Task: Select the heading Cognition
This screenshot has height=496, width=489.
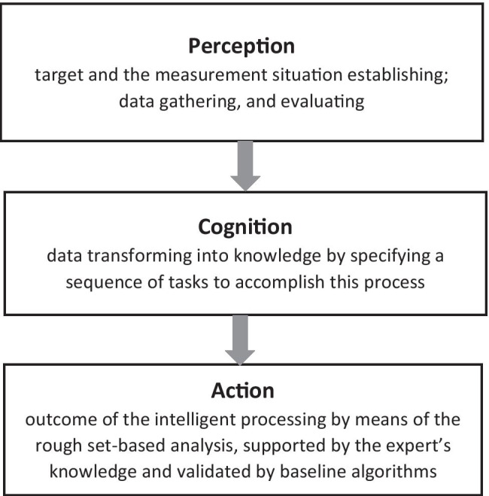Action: tap(245, 226)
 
